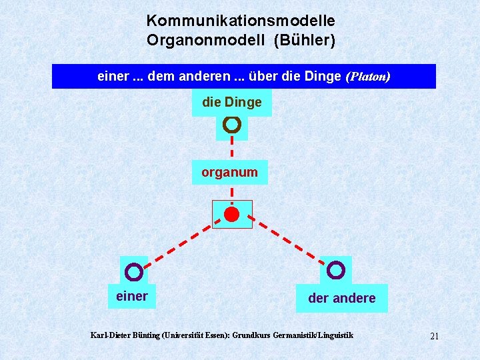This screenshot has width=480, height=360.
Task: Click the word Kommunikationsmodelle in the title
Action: pos(241,21)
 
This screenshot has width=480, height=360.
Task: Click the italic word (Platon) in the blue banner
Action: pos(368,77)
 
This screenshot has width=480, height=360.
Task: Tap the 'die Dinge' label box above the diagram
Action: pos(232,103)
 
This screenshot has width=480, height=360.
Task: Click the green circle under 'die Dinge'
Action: pos(232,124)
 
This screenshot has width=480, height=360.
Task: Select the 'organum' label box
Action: pos(229,172)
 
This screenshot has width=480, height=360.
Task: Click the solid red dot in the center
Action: pos(231,214)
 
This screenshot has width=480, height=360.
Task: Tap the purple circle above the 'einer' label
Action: pos(134,271)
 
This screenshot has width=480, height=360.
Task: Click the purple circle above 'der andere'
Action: pos(337,270)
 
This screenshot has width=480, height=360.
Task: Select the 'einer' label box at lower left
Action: pos(132,296)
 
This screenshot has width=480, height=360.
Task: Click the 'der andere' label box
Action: pos(341,298)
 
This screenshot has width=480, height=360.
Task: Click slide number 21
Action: pos(434,336)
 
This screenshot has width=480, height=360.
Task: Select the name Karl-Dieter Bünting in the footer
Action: pos(125,335)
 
